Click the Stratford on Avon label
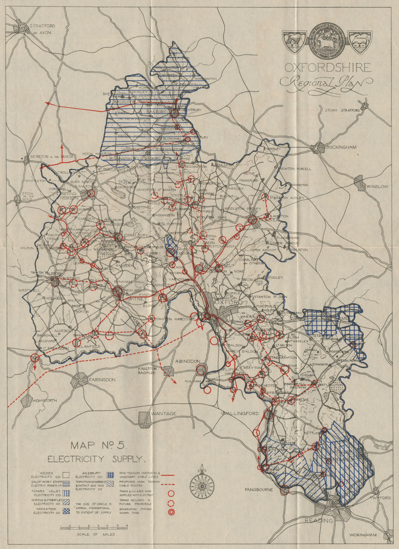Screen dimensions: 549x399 42,29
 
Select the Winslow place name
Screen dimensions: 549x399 377,186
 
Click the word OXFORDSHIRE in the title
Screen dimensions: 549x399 328,68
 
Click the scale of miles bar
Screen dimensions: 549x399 94,527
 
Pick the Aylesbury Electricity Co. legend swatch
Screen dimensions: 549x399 110,475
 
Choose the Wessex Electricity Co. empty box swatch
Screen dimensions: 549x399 66,475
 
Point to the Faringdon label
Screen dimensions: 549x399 102,380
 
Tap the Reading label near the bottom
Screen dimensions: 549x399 319,520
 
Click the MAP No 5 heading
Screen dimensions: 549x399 99,446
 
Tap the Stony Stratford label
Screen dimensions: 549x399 342,110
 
